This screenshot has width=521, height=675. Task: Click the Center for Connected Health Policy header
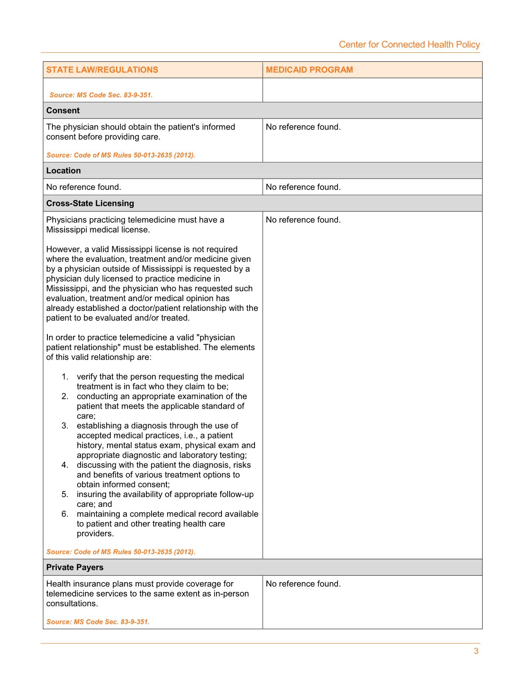tap(409, 45)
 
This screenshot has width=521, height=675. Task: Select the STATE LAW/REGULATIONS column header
tap(102, 70)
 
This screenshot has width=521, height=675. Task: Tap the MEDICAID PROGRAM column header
tap(309, 70)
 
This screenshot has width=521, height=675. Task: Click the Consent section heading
tap(63, 110)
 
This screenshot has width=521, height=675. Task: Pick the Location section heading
tap(63, 171)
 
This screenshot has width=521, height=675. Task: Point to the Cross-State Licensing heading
tap(90, 203)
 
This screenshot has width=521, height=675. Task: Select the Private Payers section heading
tap(75, 567)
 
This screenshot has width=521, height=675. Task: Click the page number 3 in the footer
tap(476, 651)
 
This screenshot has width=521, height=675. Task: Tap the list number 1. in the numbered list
tap(65, 377)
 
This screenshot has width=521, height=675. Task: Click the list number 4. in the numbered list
tap(65, 465)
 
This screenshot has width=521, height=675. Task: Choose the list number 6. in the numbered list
tap(65, 514)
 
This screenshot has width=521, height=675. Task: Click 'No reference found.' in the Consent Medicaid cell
tap(303, 127)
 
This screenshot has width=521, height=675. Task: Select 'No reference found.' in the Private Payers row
tap(303, 584)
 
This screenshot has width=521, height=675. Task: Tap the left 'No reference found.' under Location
tap(84, 187)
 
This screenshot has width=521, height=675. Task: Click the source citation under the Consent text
tap(121, 155)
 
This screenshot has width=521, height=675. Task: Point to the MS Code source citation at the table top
tap(101, 95)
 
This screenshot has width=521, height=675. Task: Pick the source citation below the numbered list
tap(121, 552)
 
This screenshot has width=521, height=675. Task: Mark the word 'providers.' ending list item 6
tap(95, 534)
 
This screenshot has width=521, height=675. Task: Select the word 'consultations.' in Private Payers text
tap(72, 604)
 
